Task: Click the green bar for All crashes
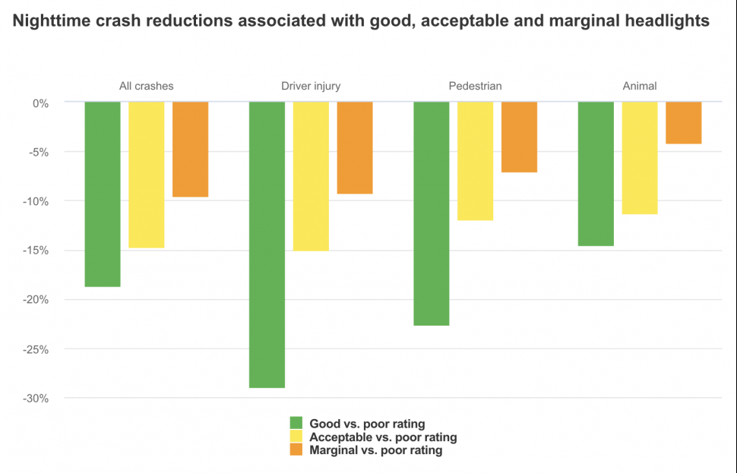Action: coord(103,194)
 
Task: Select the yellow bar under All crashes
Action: coord(147,175)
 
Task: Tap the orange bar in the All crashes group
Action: coord(190,150)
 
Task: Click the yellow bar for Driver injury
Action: coord(311,176)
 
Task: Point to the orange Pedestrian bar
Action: coord(519,137)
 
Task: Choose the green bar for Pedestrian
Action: coord(432,213)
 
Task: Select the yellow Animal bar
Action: coord(640,158)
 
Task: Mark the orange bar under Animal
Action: coord(684,123)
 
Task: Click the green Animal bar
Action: coord(596,174)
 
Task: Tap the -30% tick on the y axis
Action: coord(36,399)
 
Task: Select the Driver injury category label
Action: coord(305,86)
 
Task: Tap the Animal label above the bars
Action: coord(640,86)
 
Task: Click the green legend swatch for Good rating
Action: coord(296,424)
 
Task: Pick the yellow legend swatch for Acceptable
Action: coord(296,437)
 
